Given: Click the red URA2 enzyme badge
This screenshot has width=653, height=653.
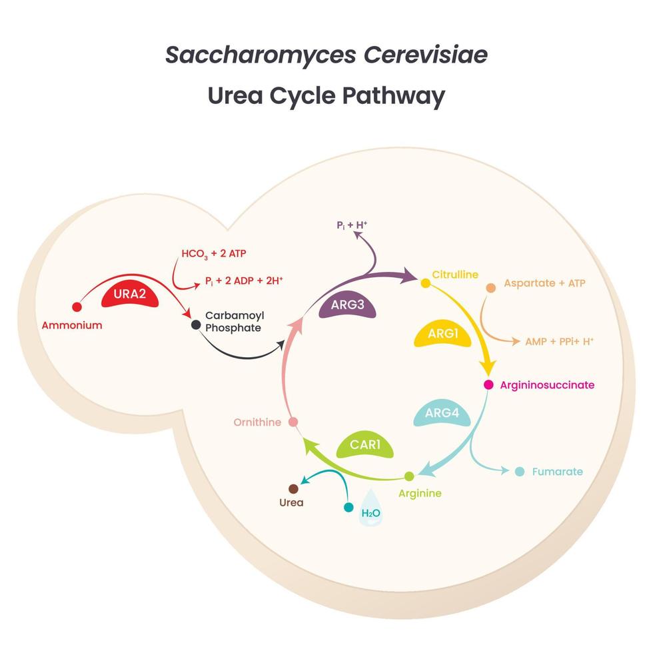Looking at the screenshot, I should (130, 295).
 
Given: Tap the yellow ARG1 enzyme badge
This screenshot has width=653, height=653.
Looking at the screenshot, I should (442, 334).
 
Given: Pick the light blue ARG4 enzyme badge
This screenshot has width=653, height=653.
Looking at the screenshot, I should (442, 414).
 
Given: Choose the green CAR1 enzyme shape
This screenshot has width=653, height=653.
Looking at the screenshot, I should (364, 446).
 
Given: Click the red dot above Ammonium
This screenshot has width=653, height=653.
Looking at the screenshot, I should (77, 307).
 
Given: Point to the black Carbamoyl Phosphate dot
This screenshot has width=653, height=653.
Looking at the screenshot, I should (196, 325).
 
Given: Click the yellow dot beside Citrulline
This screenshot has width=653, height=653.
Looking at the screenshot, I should (425, 283).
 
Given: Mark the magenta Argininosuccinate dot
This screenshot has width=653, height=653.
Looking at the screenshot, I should (488, 384).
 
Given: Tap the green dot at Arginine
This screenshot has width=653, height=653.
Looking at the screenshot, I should (409, 476).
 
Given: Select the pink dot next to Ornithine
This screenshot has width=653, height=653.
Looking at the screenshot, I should (293, 422).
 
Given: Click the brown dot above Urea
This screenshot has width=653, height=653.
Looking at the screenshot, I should (293, 488).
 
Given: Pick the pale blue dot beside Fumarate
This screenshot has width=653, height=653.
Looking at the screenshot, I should (520, 472).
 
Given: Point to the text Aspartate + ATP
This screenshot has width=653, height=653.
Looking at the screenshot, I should (544, 283).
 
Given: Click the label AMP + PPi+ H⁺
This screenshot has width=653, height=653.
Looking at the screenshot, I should (559, 341).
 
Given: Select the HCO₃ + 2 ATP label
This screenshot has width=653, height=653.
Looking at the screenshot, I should (214, 253).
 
